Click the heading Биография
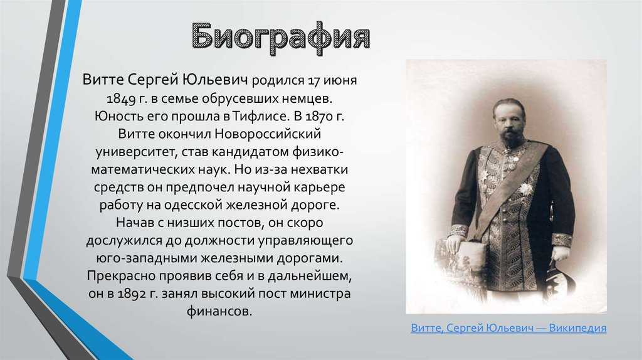point(280,37)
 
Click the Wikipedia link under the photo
point(508,328)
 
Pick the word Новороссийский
point(268,134)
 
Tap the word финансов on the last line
point(219,312)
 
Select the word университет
point(136,152)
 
